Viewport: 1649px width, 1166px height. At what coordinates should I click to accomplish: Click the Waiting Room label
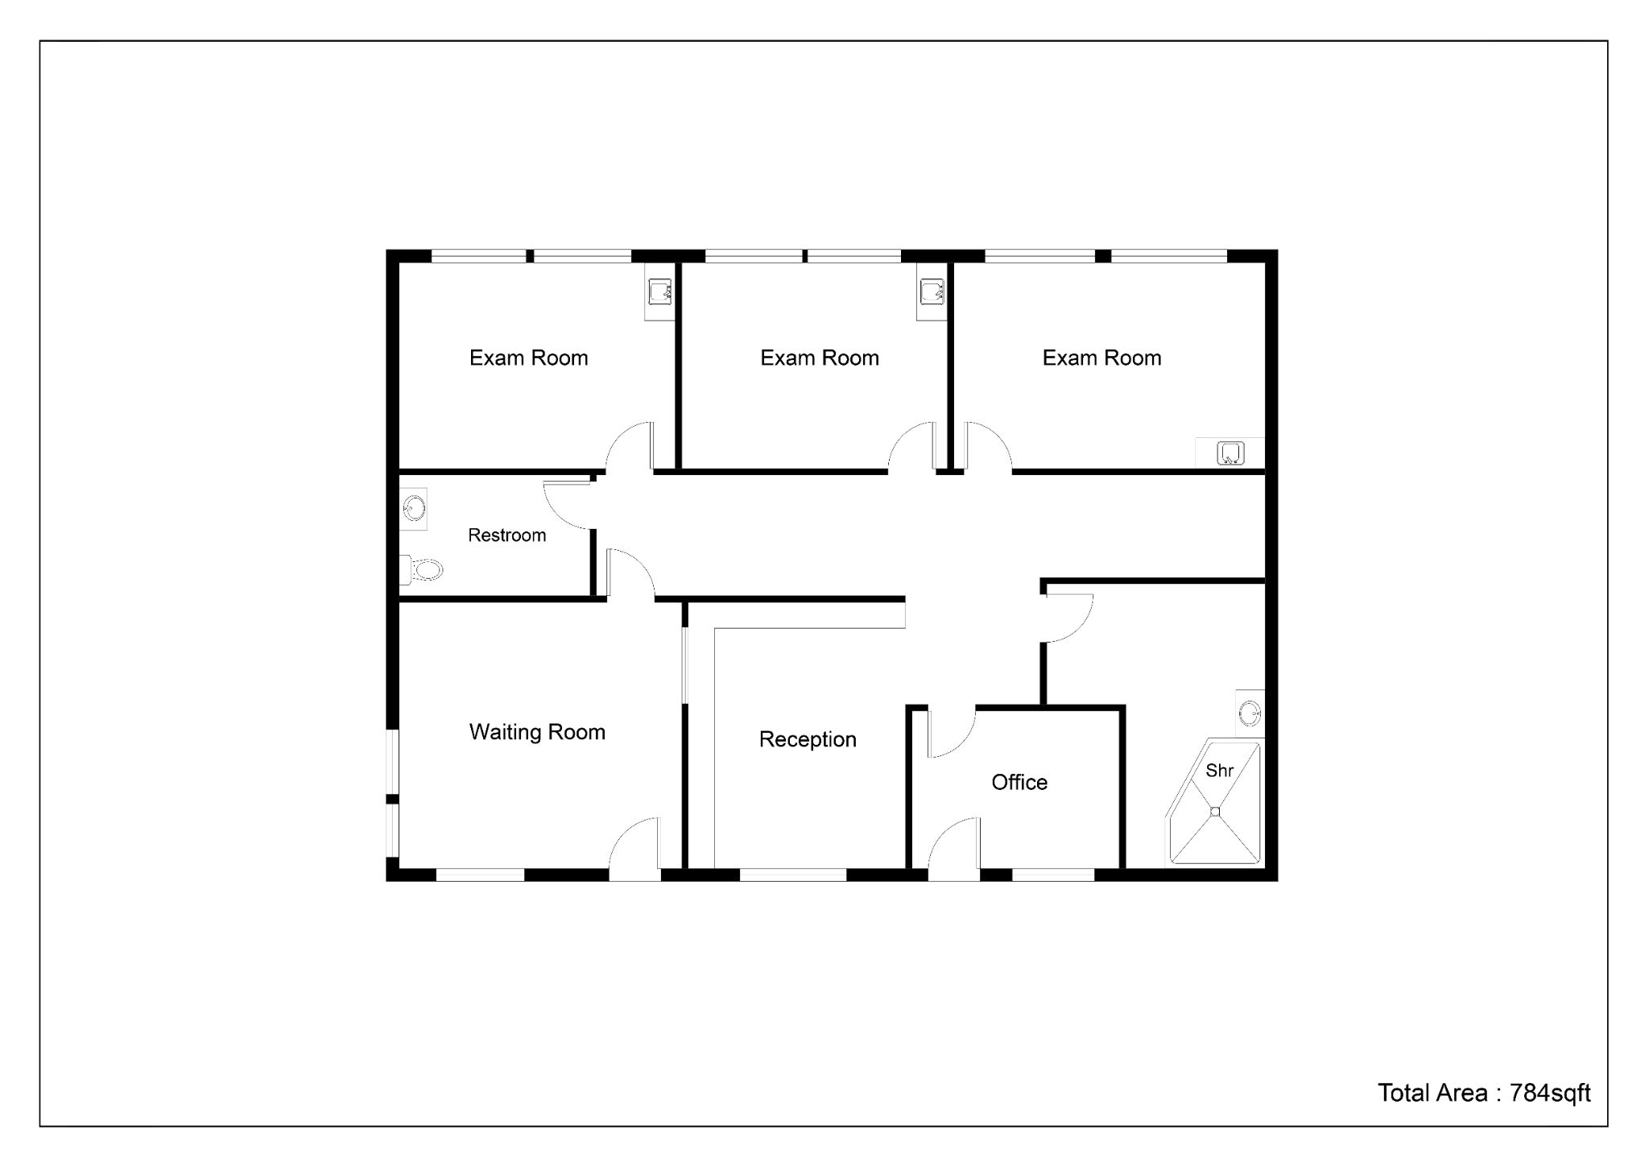537,732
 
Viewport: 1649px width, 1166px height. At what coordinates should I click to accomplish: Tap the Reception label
808,739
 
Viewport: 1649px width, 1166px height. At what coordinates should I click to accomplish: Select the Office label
1019,782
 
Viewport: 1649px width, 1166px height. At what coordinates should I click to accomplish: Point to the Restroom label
507,535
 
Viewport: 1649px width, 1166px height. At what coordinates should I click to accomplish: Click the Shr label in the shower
1220,771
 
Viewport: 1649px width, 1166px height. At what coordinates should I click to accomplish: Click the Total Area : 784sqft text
1484,1093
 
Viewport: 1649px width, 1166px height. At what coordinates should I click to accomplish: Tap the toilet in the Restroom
421,570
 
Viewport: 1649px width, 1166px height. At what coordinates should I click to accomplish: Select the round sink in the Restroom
415,508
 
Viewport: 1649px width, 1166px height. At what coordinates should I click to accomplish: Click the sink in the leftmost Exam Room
660,292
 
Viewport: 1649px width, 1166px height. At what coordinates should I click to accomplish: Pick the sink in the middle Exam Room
932,292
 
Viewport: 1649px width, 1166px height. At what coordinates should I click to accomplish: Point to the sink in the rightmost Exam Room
1230,453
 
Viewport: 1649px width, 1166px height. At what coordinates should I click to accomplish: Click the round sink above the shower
1250,713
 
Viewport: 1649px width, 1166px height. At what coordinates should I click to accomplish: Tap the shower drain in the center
1215,812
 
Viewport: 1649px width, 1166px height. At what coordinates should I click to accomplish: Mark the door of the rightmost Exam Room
988,445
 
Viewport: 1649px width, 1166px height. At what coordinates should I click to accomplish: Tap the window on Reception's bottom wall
793,874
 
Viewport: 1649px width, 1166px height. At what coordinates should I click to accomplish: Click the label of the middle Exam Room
820,358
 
